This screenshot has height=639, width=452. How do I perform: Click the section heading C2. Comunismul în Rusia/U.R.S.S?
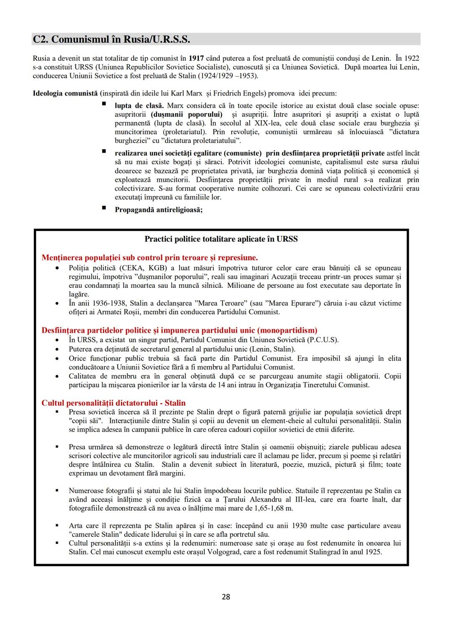[x=111, y=39]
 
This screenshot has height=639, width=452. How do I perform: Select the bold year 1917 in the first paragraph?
[x=196, y=58]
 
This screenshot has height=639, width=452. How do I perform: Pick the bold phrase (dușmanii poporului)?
[x=187, y=114]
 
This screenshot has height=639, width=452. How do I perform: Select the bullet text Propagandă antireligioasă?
[x=159, y=210]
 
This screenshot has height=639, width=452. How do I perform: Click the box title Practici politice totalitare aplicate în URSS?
[x=221, y=239]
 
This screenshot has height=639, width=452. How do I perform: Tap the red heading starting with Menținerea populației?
[x=149, y=258]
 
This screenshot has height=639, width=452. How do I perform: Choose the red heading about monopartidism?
[x=179, y=331]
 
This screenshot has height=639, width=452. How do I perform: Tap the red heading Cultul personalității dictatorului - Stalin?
[x=113, y=403]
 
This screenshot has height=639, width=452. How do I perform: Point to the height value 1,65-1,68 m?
[x=273, y=508]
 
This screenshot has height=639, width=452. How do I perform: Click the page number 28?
[x=226, y=597]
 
